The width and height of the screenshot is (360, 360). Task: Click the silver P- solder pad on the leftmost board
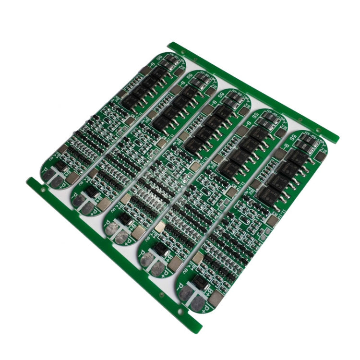click(49, 175)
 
